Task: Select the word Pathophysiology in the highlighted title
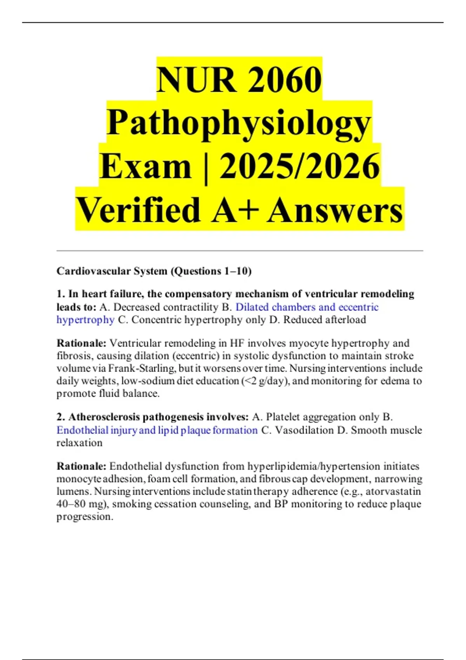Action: click(239, 123)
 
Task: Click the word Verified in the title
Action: click(138, 210)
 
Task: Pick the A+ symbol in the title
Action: click(235, 210)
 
